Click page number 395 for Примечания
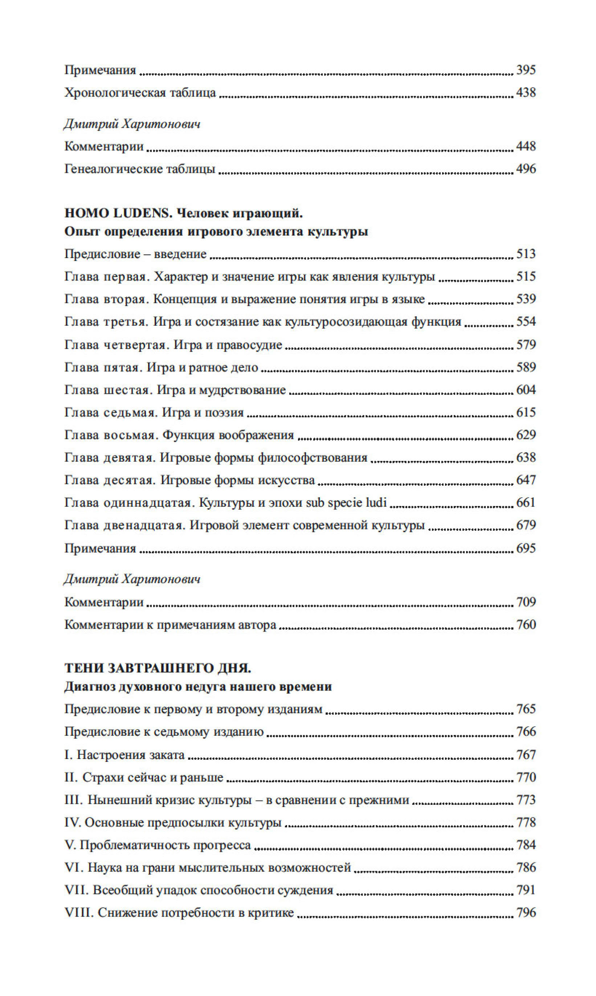click(x=526, y=70)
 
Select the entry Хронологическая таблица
click(x=140, y=93)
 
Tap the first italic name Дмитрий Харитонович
click(x=132, y=124)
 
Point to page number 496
click(x=526, y=169)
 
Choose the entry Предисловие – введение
click(x=135, y=254)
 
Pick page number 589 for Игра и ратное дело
click(x=526, y=367)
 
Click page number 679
click(x=526, y=525)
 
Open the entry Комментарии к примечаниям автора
click(x=170, y=625)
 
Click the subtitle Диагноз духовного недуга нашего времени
click(x=198, y=687)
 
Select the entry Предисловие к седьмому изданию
click(x=164, y=732)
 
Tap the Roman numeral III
click(x=73, y=800)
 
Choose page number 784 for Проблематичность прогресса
click(x=526, y=845)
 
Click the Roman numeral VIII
click(x=79, y=913)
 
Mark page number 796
click(x=526, y=913)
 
